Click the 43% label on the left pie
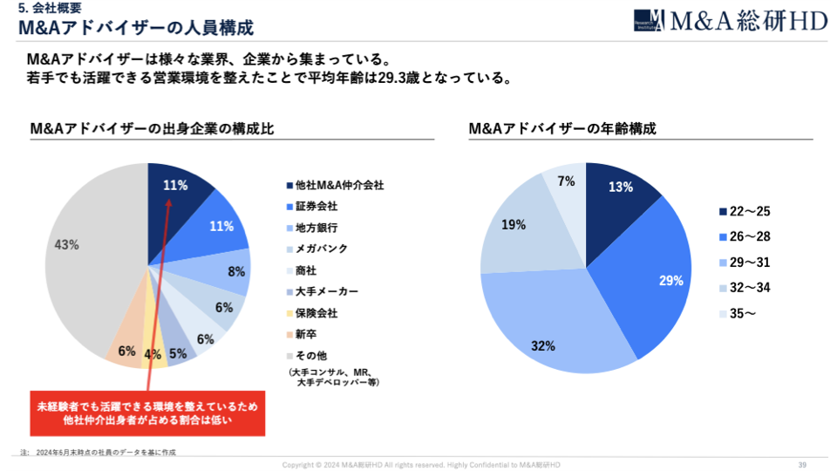point(67,245)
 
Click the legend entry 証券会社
point(316,207)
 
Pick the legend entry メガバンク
point(321,249)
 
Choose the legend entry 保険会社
point(316,312)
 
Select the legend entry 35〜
point(742,313)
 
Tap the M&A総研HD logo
point(730,21)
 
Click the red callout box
point(147,413)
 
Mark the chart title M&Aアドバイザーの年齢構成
point(562,128)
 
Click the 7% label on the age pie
point(566,181)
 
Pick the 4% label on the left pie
point(153,355)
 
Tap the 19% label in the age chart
point(514,225)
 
